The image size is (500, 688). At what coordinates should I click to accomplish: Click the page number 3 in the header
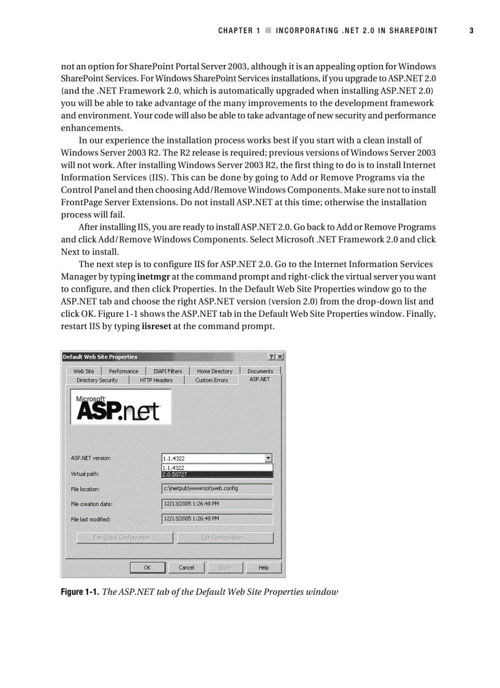click(x=471, y=31)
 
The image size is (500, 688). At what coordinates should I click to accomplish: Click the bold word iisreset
click(x=156, y=326)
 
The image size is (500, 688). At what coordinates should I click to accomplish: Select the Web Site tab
click(x=84, y=371)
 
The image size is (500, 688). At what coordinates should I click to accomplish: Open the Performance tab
click(x=124, y=371)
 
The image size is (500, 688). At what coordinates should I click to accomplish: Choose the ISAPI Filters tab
click(x=167, y=371)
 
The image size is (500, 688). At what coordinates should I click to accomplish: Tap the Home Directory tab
click(x=214, y=371)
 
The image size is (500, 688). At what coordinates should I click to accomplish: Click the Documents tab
click(x=260, y=371)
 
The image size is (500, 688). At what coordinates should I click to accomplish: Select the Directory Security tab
click(x=97, y=380)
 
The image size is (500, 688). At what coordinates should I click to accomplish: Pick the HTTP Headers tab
click(x=156, y=380)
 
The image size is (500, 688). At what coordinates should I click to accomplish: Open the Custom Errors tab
click(x=211, y=380)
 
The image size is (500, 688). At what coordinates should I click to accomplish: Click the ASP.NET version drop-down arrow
click(x=268, y=458)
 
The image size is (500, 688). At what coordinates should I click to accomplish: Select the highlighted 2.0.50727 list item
click(x=217, y=474)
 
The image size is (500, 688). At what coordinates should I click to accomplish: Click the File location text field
click(x=217, y=489)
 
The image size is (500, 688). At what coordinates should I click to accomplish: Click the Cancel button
click(x=186, y=568)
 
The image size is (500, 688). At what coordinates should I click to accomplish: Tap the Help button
click(x=263, y=568)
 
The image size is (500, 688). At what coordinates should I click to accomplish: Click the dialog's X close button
click(x=280, y=357)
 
